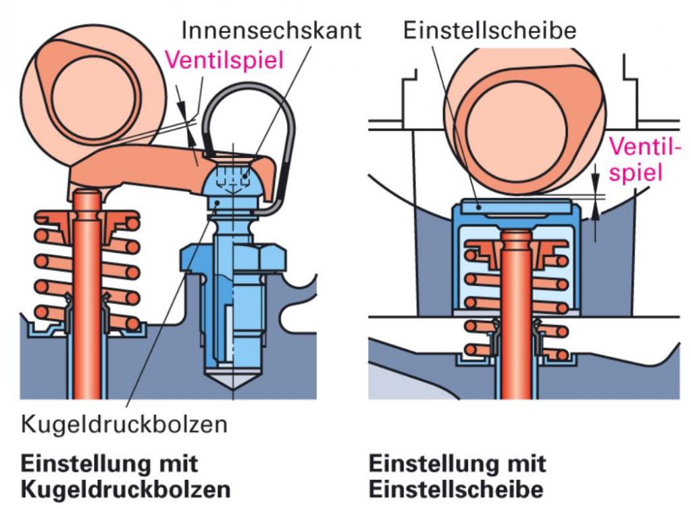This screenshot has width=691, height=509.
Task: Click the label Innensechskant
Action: pos(271,30)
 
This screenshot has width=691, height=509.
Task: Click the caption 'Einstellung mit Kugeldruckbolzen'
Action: pos(126,477)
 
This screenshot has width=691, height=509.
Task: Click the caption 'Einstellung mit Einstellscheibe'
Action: pos(457,477)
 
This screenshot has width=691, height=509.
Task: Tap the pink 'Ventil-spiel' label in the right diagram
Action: pos(644,160)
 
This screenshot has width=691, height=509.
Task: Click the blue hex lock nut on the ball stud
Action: pos(233,258)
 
